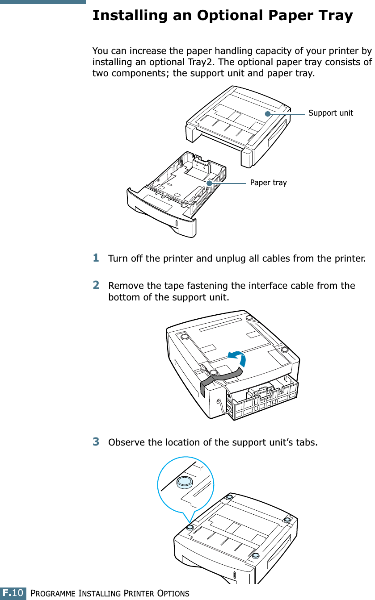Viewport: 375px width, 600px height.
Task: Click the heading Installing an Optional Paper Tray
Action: [222, 16]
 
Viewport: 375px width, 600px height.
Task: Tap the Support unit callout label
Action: [330, 113]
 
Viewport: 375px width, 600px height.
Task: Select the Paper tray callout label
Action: [268, 183]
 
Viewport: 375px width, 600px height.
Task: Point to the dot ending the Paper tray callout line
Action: [210, 183]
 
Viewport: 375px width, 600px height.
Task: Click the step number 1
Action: [96, 258]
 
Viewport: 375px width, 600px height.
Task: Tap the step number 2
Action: [96, 285]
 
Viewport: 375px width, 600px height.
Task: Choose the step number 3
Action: [96, 442]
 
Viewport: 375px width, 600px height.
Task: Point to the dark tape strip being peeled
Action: [219, 377]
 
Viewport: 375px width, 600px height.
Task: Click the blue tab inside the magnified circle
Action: [184, 482]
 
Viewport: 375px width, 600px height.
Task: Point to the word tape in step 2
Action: [173, 286]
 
